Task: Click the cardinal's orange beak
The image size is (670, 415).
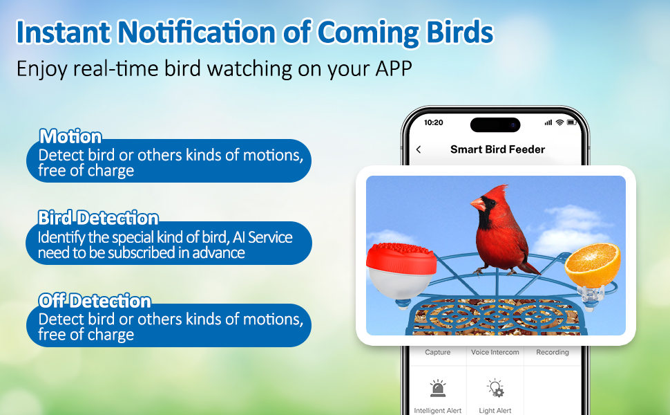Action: click(x=478, y=204)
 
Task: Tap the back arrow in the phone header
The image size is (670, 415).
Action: click(x=419, y=149)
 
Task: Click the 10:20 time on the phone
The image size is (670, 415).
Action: click(x=433, y=123)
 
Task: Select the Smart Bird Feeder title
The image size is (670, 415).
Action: click(x=497, y=149)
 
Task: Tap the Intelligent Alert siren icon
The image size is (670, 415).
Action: click(x=437, y=387)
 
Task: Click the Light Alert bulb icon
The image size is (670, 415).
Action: click(x=495, y=387)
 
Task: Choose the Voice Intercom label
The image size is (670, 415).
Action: click(x=495, y=352)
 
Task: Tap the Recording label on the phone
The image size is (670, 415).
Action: click(x=553, y=352)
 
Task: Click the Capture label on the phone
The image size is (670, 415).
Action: click(x=437, y=352)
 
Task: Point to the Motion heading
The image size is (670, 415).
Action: click(x=70, y=136)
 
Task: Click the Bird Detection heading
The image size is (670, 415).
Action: click(x=98, y=218)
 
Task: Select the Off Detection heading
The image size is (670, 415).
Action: click(x=95, y=301)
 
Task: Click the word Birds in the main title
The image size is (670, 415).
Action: click(x=460, y=32)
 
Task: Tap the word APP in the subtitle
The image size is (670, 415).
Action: click(x=394, y=68)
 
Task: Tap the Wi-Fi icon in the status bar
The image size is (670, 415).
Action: click(x=559, y=123)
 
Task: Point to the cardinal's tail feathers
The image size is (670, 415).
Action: click(x=530, y=268)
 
